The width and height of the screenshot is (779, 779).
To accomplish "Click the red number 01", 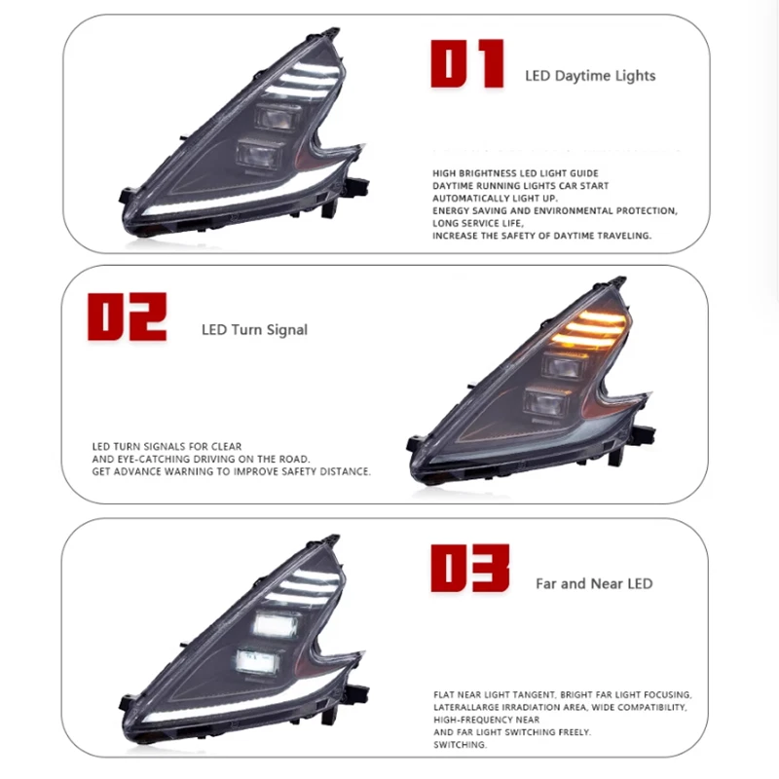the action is [x=467, y=63].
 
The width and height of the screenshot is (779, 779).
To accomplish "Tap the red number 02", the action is [x=127, y=316].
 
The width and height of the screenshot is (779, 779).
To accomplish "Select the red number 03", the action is [x=470, y=568].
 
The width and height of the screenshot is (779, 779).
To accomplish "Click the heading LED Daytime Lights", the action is [x=590, y=76].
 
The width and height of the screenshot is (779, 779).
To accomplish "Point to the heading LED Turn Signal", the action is [x=254, y=330].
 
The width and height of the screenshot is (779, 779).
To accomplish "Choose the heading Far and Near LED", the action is [x=594, y=583].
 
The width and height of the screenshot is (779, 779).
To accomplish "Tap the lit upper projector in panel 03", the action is [x=276, y=624].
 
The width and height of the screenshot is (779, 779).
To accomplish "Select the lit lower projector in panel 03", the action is [x=257, y=661].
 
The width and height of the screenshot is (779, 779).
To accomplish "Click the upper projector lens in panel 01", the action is [x=275, y=118].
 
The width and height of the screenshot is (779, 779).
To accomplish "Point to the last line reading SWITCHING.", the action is [x=460, y=745].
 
